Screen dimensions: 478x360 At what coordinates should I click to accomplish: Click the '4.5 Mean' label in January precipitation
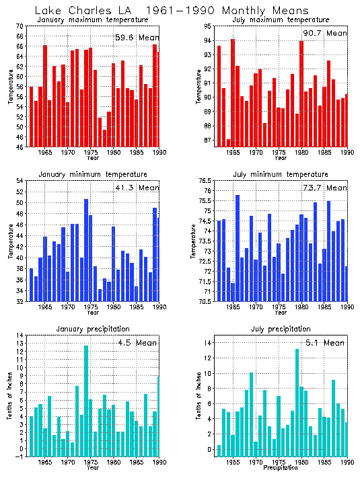[x=136, y=342]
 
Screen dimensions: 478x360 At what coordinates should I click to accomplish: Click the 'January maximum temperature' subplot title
[x=94, y=19]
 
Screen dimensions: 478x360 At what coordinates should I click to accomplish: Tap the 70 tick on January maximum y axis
[x=20, y=26]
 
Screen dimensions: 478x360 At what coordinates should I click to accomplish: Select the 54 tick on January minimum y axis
[x=20, y=181]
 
